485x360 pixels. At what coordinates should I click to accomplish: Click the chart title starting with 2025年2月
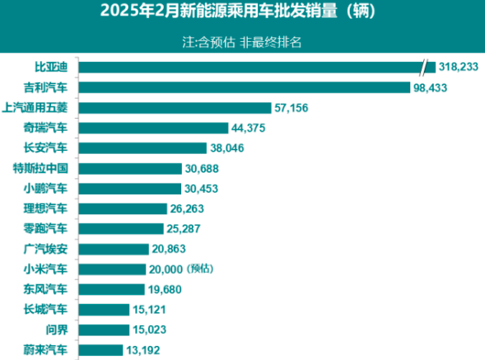point(242,12)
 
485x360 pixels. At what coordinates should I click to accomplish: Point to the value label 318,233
point(457,67)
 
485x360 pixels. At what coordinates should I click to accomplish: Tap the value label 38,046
point(231,147)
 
